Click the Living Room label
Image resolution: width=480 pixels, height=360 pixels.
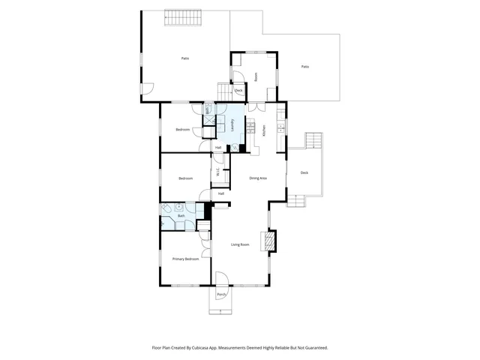(240, 244)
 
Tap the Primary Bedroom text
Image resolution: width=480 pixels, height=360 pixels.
(185, 259)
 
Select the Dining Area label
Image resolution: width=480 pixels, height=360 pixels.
(258, 178)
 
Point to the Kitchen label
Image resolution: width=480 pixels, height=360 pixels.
(265, 130)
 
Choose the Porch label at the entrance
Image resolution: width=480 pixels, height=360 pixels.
(221, 295)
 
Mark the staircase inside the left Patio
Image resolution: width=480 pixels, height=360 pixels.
(183, 16)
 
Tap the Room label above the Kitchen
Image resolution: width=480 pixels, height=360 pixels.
(256, 76)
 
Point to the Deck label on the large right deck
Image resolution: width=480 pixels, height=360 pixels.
(304, 172)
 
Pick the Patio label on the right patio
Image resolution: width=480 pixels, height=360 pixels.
(305, 67)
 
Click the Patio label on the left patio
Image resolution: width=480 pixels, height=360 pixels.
(184, 58)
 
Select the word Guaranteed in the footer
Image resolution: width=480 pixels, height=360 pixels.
(313, 347)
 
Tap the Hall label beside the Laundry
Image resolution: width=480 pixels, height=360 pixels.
(218, 147)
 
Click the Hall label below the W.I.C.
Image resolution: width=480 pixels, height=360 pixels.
(221, 193)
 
